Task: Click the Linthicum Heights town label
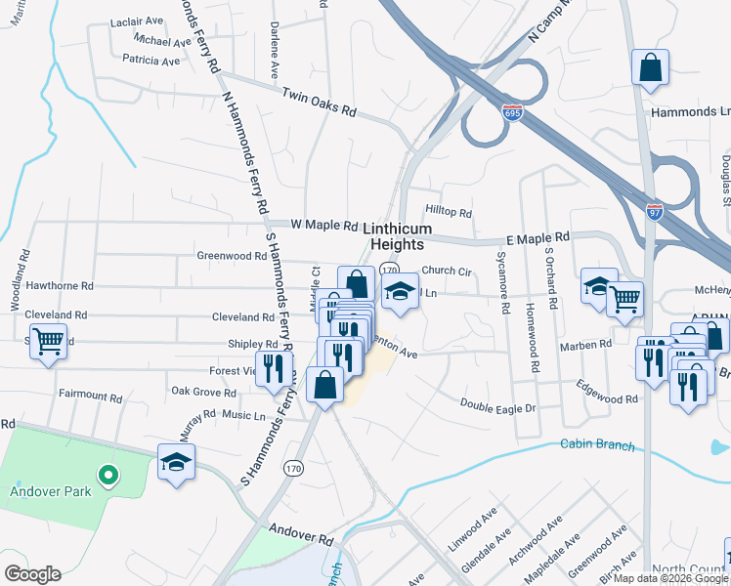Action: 398,236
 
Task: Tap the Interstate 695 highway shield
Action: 513,113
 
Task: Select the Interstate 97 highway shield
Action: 655,210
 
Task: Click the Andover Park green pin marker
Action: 108,476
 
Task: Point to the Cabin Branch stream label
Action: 597,445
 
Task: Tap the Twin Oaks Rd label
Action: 319,103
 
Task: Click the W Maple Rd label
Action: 324,226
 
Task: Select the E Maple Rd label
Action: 537,238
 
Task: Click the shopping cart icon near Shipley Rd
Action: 48,343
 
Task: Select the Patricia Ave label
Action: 151,61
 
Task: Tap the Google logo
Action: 32,573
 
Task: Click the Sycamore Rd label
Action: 504,283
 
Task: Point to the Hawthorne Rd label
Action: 60,286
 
